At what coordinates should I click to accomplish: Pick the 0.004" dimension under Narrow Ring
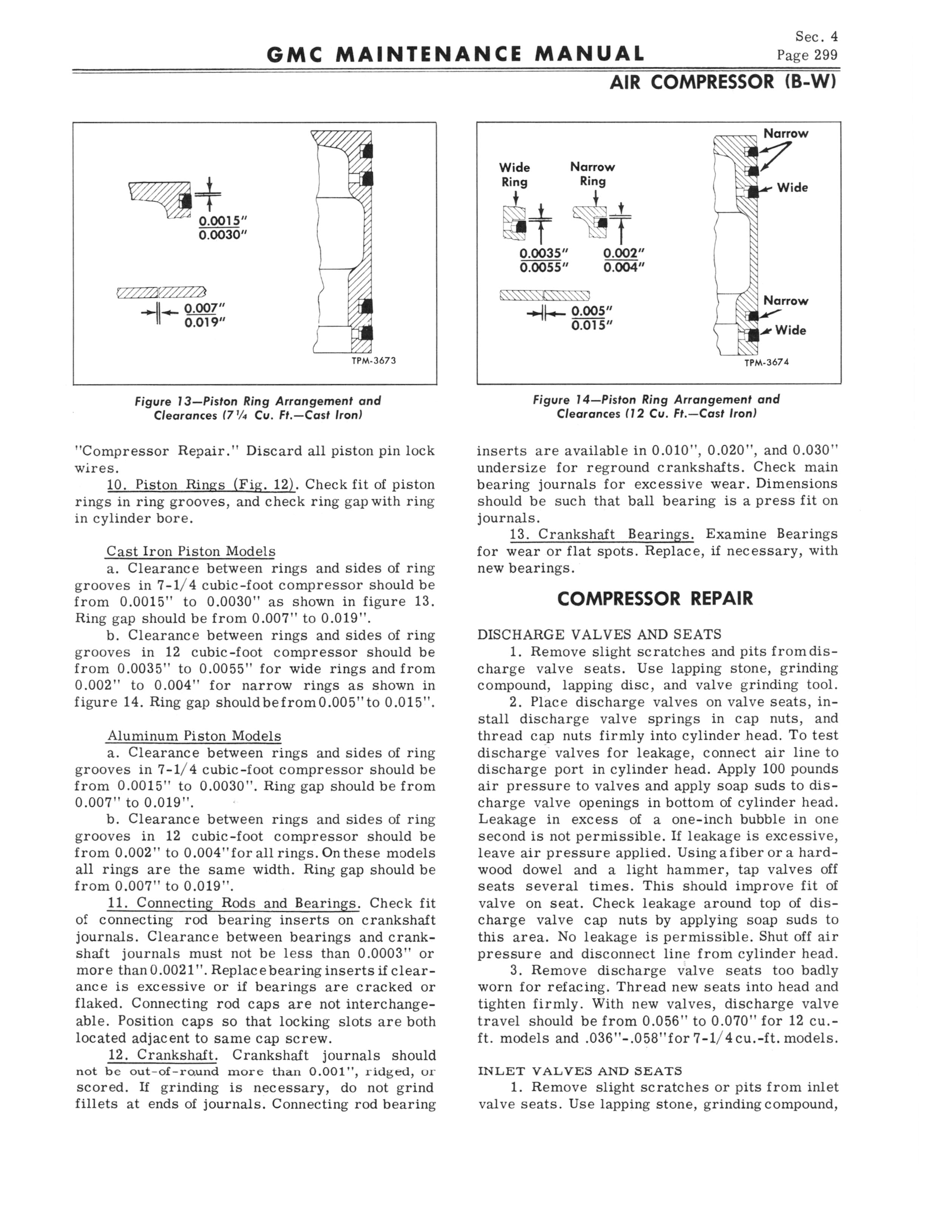pyautogui.click(x=623, y=267)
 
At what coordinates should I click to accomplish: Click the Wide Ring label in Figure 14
pyautogui.click(x=514, y=175)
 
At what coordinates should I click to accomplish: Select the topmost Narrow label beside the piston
pyautogui.click(x=785, y=134)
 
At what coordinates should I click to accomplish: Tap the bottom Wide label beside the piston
pyautogui.click(x=790, y=331)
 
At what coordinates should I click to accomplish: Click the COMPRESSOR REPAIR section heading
pyautogui.click(x=655, y=599)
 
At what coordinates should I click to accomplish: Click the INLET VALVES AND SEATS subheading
pyautogui.click(x=580, y=1071)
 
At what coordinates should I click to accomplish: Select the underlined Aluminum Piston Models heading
pyautogui.click(x=193, y=736)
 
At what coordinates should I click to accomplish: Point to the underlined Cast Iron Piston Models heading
pyautogui.click(x=191, y=552)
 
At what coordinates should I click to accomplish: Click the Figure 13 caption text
pyautogui.click(x=258, y=408)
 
